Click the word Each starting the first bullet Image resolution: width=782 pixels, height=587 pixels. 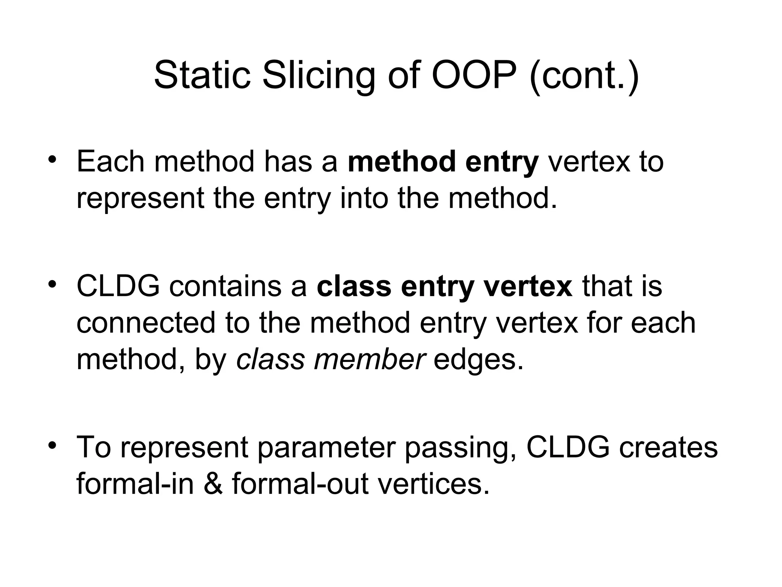coord(110,162)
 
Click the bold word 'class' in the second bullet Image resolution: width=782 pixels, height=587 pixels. coord(354,286)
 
